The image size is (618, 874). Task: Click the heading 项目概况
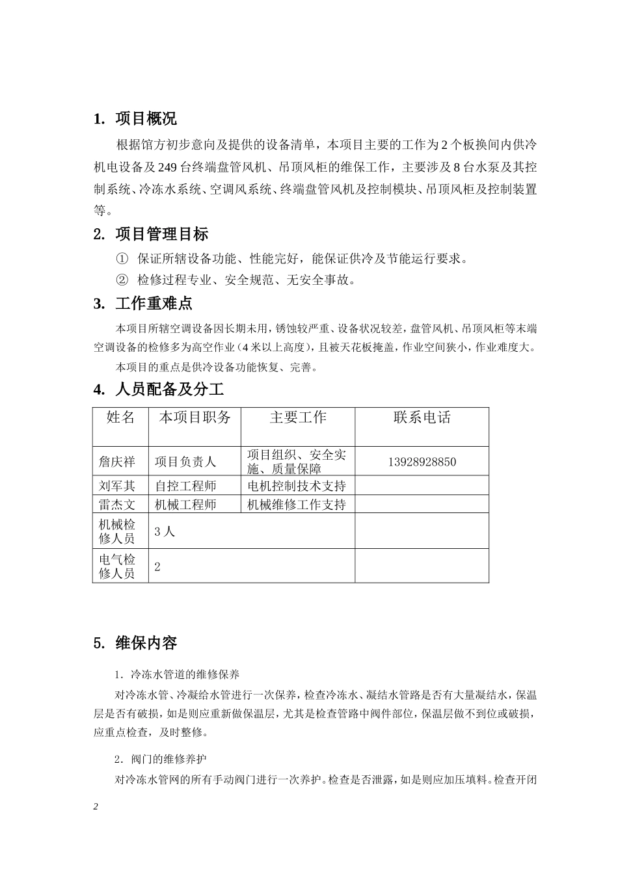(x=146, y=119)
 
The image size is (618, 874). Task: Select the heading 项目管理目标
(x=161, y=234)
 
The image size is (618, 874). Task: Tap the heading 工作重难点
(x=154, y=304)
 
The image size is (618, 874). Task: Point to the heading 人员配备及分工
(x=169, y=390)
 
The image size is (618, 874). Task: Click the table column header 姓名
(x=120, y=417)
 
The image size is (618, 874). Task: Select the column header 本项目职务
(x=195, y=417)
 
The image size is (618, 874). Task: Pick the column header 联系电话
(x=422, y=417)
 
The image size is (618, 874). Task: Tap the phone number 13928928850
(x=422, y=462)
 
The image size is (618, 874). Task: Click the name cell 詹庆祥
(x=117, y=462)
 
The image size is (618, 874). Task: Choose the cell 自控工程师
(x=185, y=486)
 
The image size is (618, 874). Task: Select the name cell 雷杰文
(x=117, y=504)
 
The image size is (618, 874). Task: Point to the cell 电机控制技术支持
(x=297, y=486)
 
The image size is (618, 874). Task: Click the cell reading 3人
(x=165, y=531)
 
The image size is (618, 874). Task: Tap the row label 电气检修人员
(x=117, y=566)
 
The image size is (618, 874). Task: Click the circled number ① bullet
(x=122, y=259)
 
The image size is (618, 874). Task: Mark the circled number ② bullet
(x=122, y=280)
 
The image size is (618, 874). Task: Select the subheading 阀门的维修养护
(x=168, y=759)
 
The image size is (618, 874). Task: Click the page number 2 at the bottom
(x=96, y=807)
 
